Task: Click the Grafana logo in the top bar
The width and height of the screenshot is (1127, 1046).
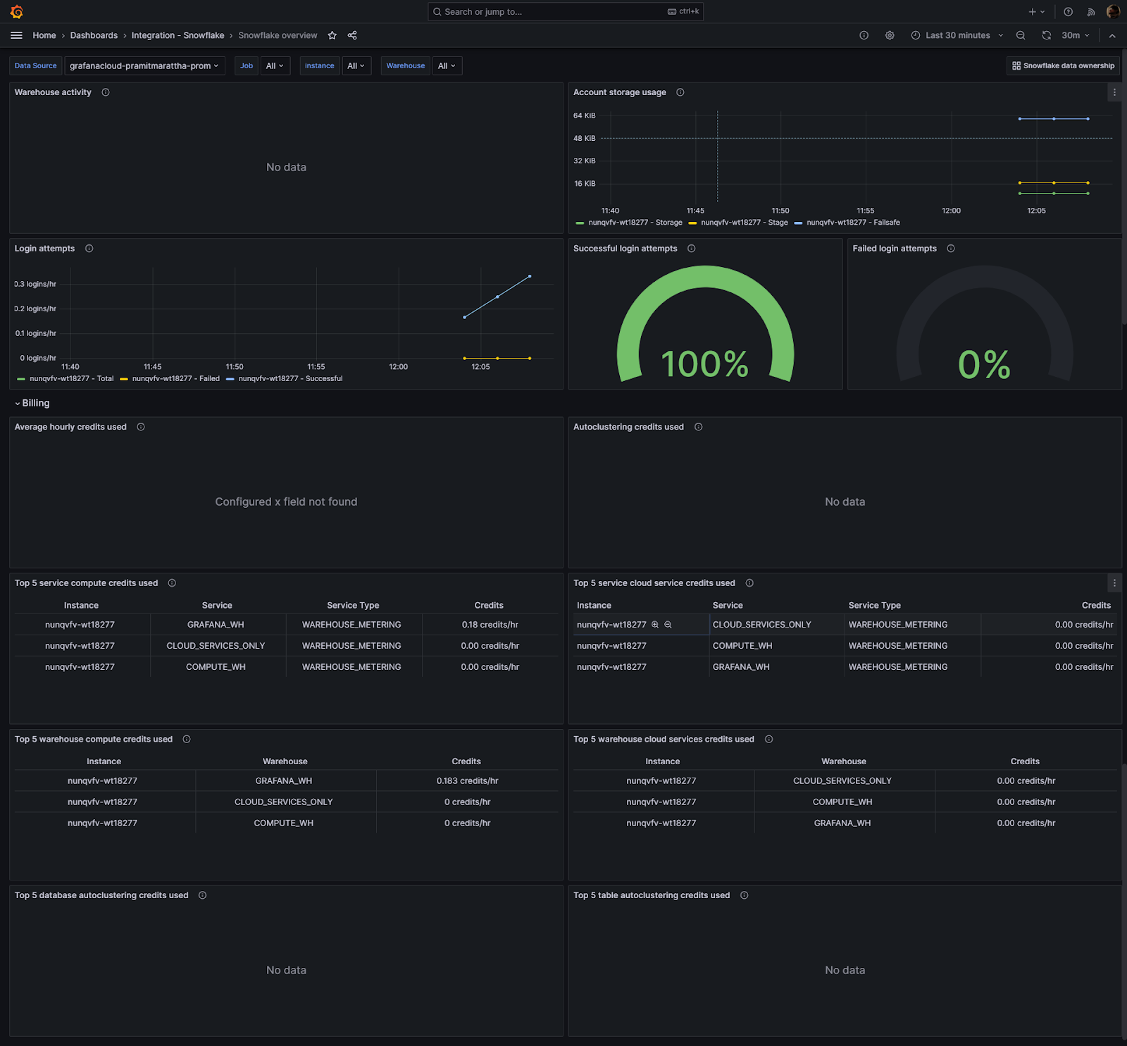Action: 17,12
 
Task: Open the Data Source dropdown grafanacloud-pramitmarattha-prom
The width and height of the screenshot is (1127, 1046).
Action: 144,66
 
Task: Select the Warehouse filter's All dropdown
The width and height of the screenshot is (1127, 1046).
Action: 447,66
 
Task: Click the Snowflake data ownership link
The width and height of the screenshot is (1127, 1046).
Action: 1064,66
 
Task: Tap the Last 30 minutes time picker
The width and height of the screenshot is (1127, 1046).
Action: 957,35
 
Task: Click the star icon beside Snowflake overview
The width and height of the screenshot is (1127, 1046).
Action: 332,35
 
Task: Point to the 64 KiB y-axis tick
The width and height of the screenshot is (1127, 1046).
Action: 584,116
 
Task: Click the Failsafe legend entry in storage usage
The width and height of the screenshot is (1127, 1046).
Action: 852,223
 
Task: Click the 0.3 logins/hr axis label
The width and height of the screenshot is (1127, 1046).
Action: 35,284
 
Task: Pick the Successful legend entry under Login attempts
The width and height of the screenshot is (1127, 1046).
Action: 289,379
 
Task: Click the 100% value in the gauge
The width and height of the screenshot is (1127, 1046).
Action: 704,364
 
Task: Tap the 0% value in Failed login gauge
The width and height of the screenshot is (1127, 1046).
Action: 984,365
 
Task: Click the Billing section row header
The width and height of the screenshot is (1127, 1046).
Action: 35,403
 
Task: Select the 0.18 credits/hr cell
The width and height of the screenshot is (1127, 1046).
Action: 490,625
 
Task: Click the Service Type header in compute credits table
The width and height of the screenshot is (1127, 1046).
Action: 353,605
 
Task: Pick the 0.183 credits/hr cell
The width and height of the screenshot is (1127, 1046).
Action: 467,780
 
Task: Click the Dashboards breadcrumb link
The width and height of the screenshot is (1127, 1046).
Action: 94,35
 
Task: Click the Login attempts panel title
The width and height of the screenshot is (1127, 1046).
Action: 44,249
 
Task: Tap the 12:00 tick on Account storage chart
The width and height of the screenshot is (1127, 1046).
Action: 951,211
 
